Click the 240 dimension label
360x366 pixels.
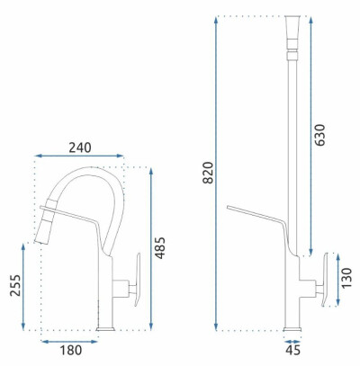(80, 147)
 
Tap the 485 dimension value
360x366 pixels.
(160, 248)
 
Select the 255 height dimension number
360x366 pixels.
(15, 285)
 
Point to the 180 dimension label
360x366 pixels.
(70, 350)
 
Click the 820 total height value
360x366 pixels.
(208, 173)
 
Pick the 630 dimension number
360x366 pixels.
(319, 135)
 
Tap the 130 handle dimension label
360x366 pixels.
(346, 278)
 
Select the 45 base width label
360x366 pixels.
(292, 350)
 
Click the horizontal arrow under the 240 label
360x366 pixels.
(79, 156)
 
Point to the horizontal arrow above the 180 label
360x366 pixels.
(69, 342)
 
